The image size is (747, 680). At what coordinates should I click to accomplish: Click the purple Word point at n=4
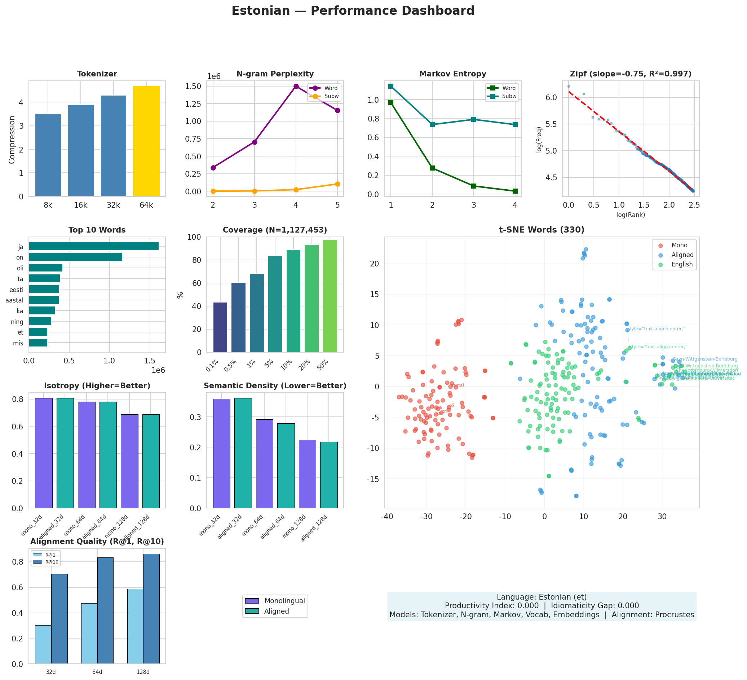296,86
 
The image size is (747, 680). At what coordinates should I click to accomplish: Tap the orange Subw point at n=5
337,184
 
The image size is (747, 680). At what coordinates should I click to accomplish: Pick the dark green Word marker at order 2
432,168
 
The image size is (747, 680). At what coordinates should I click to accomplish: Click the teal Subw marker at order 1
390,86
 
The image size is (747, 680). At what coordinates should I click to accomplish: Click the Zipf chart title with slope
630,74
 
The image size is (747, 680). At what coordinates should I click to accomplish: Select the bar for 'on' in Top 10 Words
76,257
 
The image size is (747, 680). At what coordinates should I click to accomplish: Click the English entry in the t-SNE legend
682,264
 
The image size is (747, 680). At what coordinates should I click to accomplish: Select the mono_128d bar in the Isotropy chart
129,461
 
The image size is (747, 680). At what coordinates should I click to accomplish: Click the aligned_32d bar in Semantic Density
243,453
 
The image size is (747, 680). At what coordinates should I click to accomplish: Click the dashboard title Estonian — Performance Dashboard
353,11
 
